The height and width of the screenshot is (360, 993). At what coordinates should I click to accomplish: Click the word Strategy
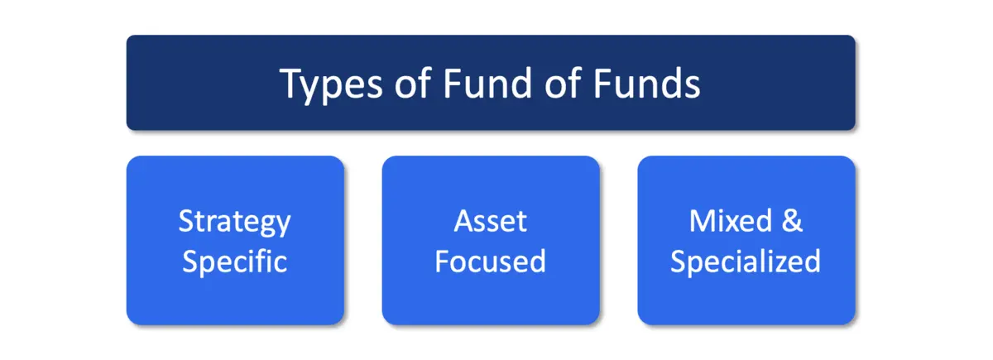point(235,223)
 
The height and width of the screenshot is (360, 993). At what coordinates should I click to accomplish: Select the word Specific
point(235,262)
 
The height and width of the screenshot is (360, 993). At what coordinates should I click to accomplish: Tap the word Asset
point(490,221)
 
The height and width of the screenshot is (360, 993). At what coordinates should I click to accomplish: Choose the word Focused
point(490,262)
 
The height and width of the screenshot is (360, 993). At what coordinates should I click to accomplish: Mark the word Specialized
point(746,262)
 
